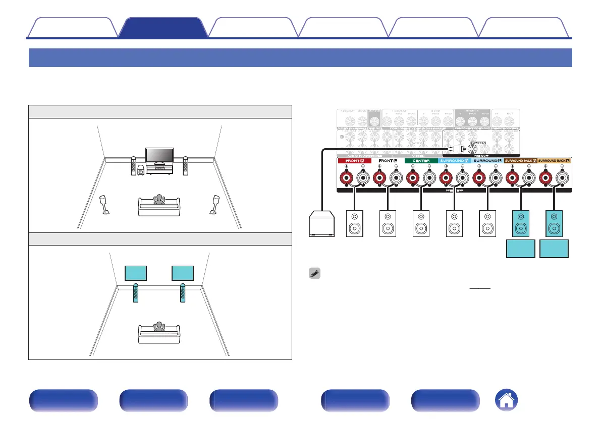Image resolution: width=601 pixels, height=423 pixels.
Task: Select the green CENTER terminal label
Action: click(x=421, y=161)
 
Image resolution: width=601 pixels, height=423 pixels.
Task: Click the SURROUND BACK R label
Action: click(x=521, y=161)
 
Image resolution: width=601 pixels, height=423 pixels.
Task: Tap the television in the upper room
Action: click(x=159, y=156)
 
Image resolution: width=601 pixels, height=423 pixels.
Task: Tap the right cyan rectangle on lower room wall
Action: click(x=183, y=273)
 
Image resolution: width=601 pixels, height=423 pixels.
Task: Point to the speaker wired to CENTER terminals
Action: click(x=420, y=223)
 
